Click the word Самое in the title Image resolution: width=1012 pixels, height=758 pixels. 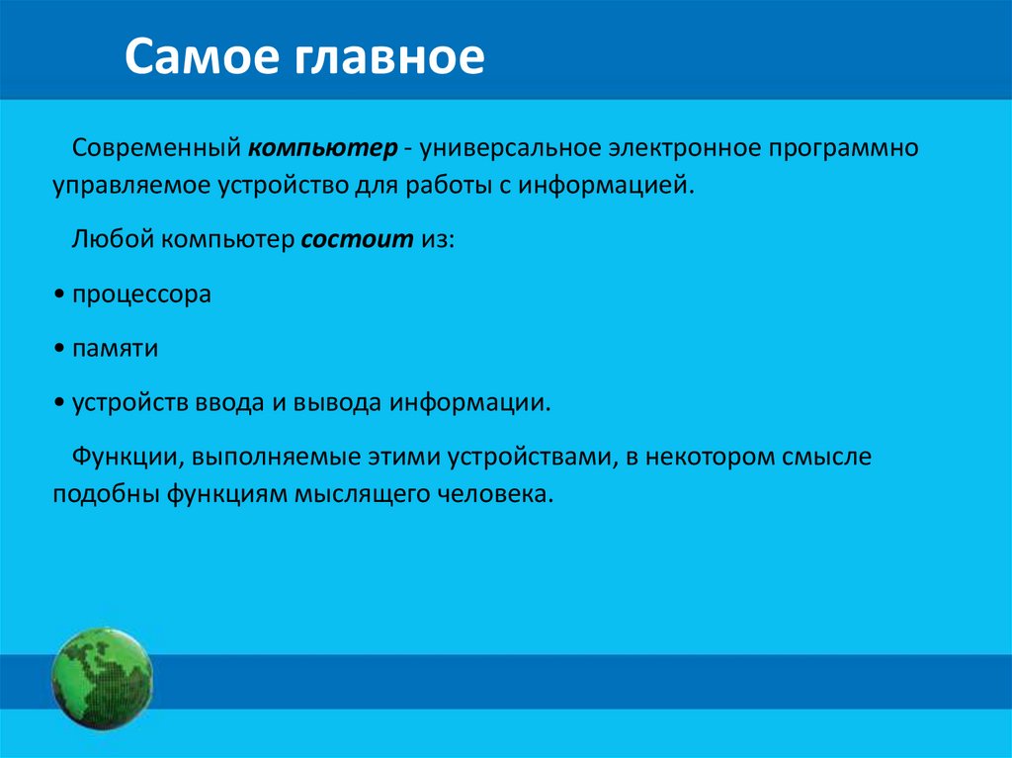tap(202, 58)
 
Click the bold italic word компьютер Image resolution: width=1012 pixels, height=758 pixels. tap(323, 149)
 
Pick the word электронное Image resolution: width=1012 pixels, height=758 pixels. tap(684, 148)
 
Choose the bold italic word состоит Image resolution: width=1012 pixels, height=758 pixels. tap(357, 240)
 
